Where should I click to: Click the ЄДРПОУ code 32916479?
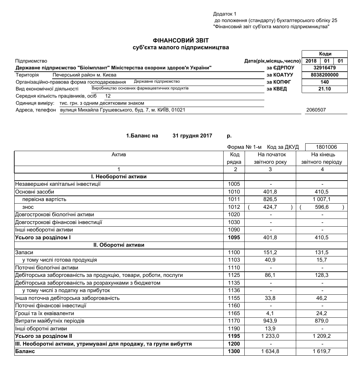(x=324, y=68)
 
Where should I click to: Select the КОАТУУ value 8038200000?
(x=324, y=75)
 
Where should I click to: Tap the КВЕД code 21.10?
(x=324, y=89)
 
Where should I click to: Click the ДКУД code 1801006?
(x=326, y=147)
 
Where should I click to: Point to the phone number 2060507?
(x=316, y=110)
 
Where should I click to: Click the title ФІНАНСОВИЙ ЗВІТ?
(x=181, y=41)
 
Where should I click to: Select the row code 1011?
(x=234, y=199)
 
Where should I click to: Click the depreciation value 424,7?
(x=270, y=207)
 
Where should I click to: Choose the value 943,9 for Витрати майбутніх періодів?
(x=270, y=321)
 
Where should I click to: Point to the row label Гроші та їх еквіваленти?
(x=45, y=314)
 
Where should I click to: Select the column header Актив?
(x=119, y=155)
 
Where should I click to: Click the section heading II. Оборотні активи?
(x=119, y=245)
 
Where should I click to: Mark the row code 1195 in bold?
(x=234, y=336)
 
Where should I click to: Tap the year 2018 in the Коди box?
(x=311, y=61)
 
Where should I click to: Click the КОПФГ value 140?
(x=324, y=82)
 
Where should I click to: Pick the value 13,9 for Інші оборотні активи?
(x=270, y=329)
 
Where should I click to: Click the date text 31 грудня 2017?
(x=192, y=136)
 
